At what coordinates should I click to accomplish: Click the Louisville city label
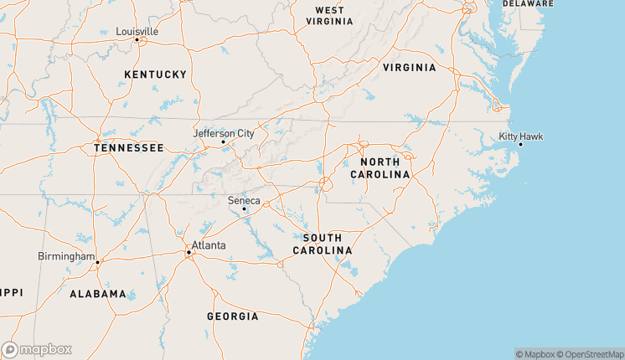tap(137, 31)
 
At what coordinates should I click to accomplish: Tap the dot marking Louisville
tap(138, 39)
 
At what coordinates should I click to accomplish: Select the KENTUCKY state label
tap(155, 75)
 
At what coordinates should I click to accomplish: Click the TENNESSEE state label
tap(128, 147)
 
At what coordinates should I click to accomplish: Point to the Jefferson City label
tap(223, 133)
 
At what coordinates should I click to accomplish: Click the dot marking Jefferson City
tap(223, 141)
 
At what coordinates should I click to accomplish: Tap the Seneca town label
tap(245, 200)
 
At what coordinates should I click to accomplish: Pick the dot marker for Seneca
tap(244, 208)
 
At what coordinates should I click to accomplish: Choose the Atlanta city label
tap(209, 246)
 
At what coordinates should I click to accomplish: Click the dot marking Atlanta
tap(188, 252)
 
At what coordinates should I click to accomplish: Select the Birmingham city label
tap(66, 255)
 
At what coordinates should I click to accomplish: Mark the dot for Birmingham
tap(98, 262)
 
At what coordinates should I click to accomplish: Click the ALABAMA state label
tap(98, 294)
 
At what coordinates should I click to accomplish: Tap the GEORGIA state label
tap(232, 316)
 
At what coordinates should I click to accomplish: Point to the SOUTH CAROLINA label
tap(323, 244)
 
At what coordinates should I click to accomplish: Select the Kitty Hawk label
tap(521, 136)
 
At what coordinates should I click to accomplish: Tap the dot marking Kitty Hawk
tap(520, 144)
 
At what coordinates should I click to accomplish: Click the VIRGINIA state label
tap(409, 67)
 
